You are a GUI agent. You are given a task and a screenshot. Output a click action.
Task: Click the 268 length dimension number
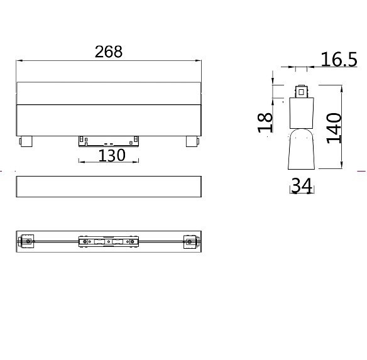point(109,52)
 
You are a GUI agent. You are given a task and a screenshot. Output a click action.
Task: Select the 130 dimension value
point(112,155)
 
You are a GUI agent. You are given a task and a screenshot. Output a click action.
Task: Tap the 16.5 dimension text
point(339,60)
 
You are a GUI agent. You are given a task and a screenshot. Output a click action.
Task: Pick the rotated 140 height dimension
point(334,128)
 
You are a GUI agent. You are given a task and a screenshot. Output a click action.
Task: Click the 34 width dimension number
point(302,185)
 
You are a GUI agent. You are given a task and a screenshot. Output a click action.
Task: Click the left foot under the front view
point(26,141)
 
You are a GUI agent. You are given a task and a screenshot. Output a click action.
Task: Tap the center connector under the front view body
point(109,140)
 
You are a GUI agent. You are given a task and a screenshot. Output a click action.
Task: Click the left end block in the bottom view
point(27,241)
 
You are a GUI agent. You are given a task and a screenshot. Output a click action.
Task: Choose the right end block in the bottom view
point(190,241)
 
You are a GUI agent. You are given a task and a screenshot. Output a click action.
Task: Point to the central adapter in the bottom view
point(109,241)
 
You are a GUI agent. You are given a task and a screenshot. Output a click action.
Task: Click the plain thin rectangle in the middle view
point(109,187)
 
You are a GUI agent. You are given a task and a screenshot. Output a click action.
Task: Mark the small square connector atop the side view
point(302,92)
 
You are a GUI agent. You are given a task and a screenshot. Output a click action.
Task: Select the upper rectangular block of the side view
point(302,113)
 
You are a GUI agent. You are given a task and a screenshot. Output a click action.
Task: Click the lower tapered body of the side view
point(302,151)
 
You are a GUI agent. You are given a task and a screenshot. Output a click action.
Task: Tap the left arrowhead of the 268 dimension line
point(18,61)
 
